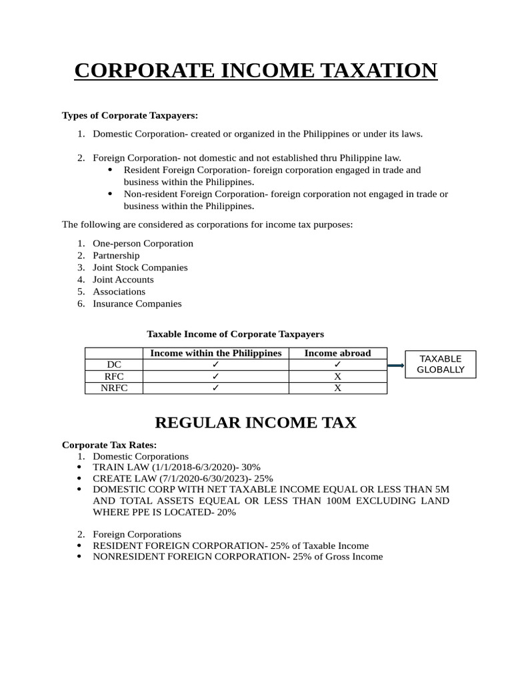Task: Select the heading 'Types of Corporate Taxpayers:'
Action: [130, 115]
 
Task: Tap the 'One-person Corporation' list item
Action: [143, 243]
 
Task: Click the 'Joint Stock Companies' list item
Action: [140, 267]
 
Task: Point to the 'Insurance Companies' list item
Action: [137, 303]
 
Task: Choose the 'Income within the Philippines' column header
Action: [215, 353]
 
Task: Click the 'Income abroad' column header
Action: [337, 353]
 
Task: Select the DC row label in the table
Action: [114, 364]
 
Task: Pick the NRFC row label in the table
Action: [114, 388]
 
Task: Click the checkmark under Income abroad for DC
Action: [337, 364]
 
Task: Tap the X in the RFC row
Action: [337, 376]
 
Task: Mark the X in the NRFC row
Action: [337, 388]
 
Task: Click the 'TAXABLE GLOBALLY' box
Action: [440, 364]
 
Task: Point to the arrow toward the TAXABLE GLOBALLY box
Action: [395, 365]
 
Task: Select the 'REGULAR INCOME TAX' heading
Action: [255, 422]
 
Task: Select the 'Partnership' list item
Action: [116, 255]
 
